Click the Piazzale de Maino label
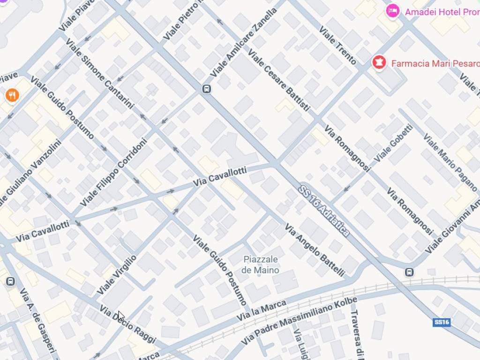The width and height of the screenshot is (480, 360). coord(260,265)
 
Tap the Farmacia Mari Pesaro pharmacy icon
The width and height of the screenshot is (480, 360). coord(379,62)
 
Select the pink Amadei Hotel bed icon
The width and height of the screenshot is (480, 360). coord(392,11)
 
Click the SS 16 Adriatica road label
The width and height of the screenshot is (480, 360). coord(324,210)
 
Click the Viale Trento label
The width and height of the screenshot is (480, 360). coord(337,45)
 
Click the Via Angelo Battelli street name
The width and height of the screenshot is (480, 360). coord(315,250)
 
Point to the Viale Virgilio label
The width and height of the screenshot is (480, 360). coord(116,275)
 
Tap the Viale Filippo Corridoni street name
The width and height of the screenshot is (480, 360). coord(114,172)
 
